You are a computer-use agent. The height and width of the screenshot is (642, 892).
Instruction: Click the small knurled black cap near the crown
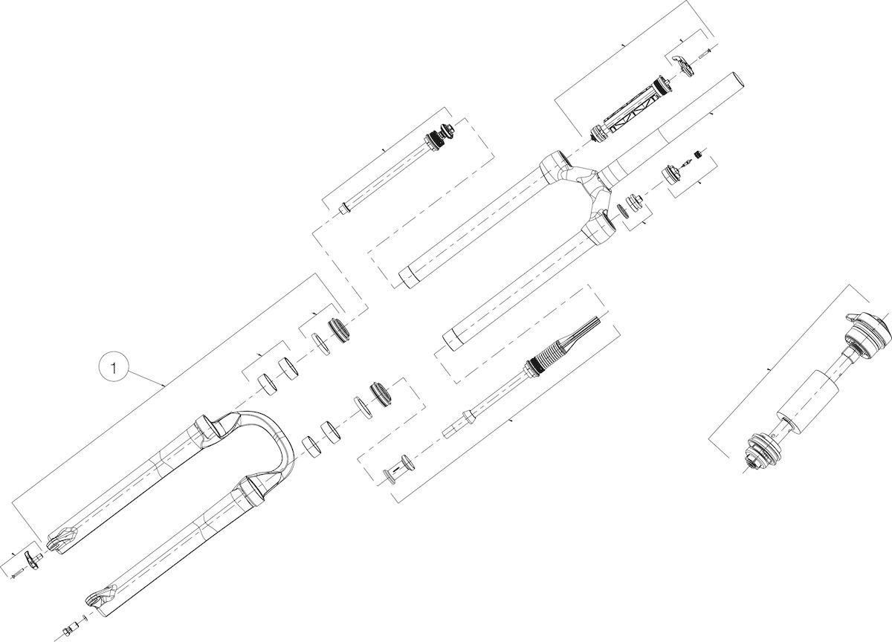[x=697, y=154]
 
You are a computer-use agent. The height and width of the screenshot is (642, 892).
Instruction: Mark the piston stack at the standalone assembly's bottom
[x=760, y=453]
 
